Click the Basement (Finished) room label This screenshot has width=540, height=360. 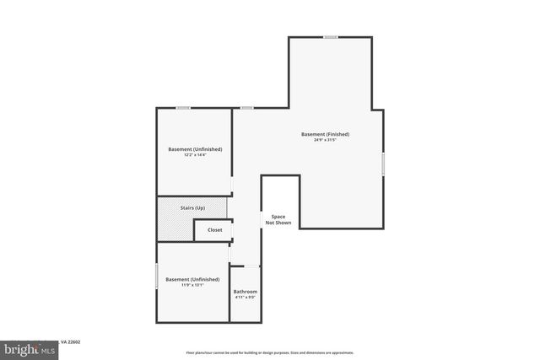click(x=325, y=134)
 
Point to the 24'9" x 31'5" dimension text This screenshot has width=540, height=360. click(x=325, y=140)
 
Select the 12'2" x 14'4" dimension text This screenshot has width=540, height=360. click(x=195, y=155)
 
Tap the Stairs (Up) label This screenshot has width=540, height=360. click(x=192, y=207)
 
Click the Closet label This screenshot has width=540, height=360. click(x=215, y=229)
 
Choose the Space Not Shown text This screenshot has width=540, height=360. click(x=278, y=219)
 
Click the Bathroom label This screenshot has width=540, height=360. click(x=246, y=292)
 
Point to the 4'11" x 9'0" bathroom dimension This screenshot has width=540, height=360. click(x=246, y=298)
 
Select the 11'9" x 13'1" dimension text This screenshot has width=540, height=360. click(x=192, y=285)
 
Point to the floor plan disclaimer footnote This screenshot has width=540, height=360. click(x=270, y=352)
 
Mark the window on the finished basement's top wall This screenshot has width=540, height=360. click(x=331, y=36)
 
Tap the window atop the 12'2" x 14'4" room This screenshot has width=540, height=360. click(x=183, y=108)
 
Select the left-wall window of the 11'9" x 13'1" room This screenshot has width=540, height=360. click(x=157, y=276)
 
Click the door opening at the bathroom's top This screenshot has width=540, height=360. click(x=246, y=266)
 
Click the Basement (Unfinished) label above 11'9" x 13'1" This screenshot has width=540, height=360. click(x=192, y=279)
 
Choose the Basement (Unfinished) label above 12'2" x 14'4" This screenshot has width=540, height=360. click(x=195, y=149)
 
